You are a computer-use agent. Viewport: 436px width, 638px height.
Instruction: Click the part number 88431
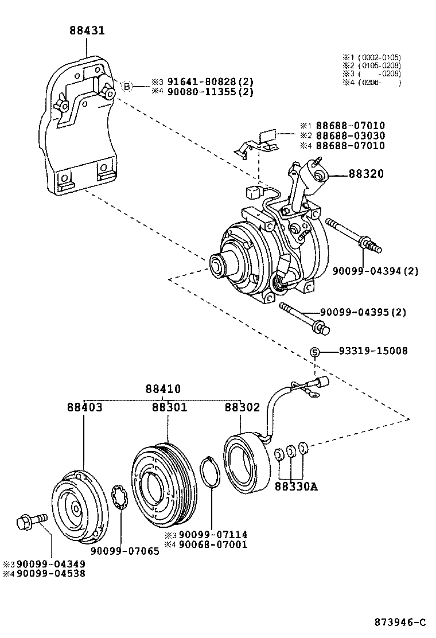tap(87, 30)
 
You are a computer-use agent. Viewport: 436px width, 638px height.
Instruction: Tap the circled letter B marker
tap(127, 87)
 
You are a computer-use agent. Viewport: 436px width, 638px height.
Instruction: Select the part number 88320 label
tap(365, 174)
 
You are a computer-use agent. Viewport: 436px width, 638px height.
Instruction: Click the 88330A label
tap(295, 487)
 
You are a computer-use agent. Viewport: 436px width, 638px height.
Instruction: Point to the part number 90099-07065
tap(128, 551)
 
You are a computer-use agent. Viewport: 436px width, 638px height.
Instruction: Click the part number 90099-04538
tap(50, 573)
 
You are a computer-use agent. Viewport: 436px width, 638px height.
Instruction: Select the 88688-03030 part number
tap(350, 135)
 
